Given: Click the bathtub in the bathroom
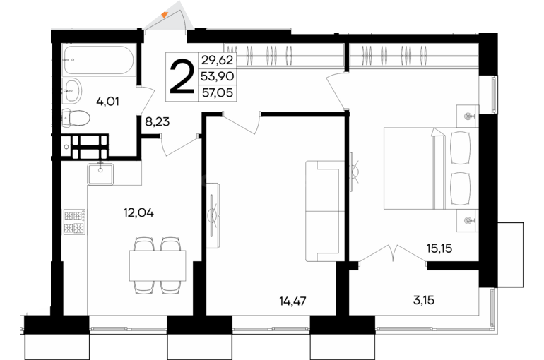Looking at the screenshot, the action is [98, 60].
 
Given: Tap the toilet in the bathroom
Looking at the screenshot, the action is [76, 118].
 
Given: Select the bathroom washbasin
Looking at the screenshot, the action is [72, 91].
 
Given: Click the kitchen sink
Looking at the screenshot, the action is [100, 174].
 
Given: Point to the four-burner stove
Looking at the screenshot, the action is [75, 222].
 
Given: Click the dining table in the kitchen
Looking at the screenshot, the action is [158, 265].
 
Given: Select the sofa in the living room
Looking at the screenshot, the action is [325, 211].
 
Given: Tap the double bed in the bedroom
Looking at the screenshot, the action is [431, 169].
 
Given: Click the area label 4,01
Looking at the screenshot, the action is [108, 102].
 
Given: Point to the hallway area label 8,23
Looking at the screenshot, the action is [158, 121].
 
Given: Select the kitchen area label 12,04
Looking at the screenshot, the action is [138, 212].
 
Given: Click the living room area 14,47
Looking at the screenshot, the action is [292, 301].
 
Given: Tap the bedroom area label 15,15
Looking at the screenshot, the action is [439, 248].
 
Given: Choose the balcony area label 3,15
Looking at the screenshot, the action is [424, 300].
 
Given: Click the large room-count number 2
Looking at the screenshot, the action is [182, 77].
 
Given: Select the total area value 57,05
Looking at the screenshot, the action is [218, 93].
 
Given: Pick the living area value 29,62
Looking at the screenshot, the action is [218, 60].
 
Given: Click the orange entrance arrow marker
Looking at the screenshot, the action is [165, 15].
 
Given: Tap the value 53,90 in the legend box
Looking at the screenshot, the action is [218, 76].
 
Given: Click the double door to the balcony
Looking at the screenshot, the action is [393, 253].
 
